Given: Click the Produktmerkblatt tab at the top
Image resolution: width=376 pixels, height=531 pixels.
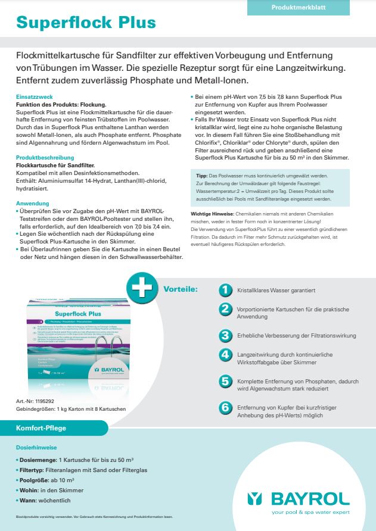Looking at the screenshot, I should (299, 7).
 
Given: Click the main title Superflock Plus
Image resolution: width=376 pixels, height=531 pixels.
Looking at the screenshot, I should (86, 23).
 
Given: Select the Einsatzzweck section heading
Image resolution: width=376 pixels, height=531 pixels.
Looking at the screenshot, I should (34, 96).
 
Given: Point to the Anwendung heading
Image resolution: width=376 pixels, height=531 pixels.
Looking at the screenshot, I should (32, 204).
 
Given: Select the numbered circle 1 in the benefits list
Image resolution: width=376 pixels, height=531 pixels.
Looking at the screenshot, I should (225, 290).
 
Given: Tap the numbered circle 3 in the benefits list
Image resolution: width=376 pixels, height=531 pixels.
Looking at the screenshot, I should (225, 336).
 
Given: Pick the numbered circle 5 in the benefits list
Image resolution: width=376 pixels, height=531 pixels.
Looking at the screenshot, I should (225, 381).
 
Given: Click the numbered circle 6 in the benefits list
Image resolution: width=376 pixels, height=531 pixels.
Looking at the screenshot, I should (225, 408).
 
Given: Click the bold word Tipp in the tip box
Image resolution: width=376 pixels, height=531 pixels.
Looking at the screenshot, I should (201, 177).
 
